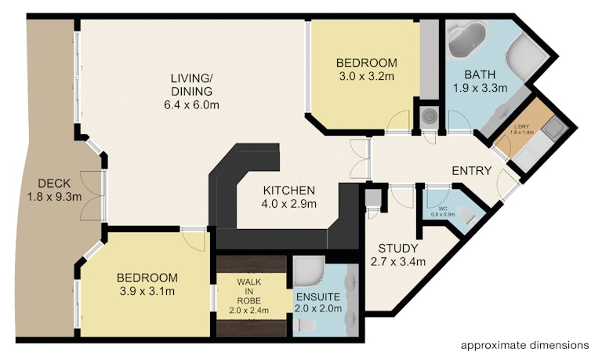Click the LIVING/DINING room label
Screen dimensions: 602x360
coord(191,92)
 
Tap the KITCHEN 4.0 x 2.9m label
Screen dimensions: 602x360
coord(288,197)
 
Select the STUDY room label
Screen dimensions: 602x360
coord(398,255)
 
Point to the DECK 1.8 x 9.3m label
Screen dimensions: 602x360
coord(54,190)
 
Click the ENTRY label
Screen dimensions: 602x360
coord(471,170)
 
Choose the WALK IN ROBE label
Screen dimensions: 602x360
coord(248,296)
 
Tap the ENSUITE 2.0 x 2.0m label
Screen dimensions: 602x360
coord(318,303)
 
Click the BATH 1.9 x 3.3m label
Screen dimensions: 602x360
coord(480,81)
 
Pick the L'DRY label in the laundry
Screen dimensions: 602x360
coord(521,127)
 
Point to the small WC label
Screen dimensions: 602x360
coord(443,209)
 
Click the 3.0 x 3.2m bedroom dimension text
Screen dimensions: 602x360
coord(366,76)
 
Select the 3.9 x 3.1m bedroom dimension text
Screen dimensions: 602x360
coord(147,291)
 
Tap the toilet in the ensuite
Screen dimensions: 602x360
coord(304,325)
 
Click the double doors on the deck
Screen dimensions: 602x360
coord(93,196)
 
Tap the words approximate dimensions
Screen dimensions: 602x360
coord(525,345)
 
